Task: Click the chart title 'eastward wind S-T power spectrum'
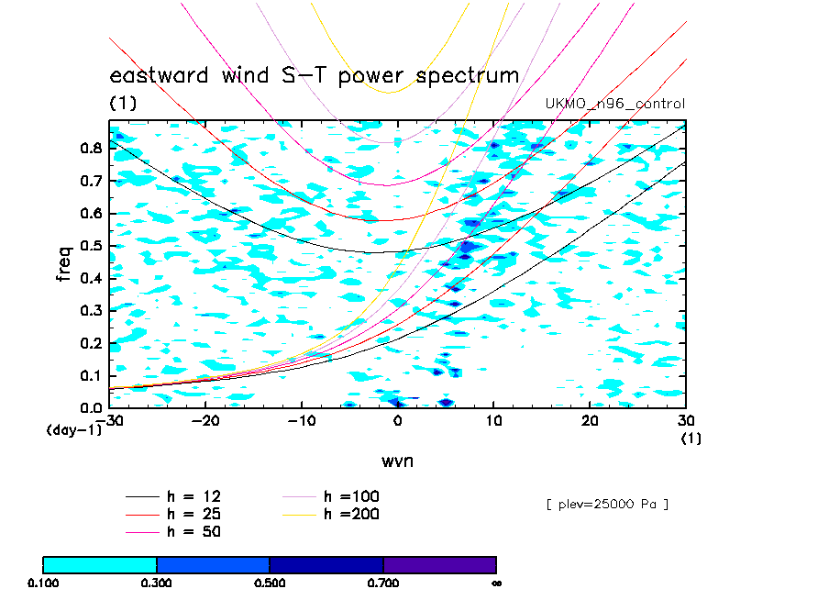314,76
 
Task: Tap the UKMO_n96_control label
614,105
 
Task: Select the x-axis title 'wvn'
397,460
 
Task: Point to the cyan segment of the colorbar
100,564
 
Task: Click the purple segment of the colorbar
439,564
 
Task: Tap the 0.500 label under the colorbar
270,583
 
